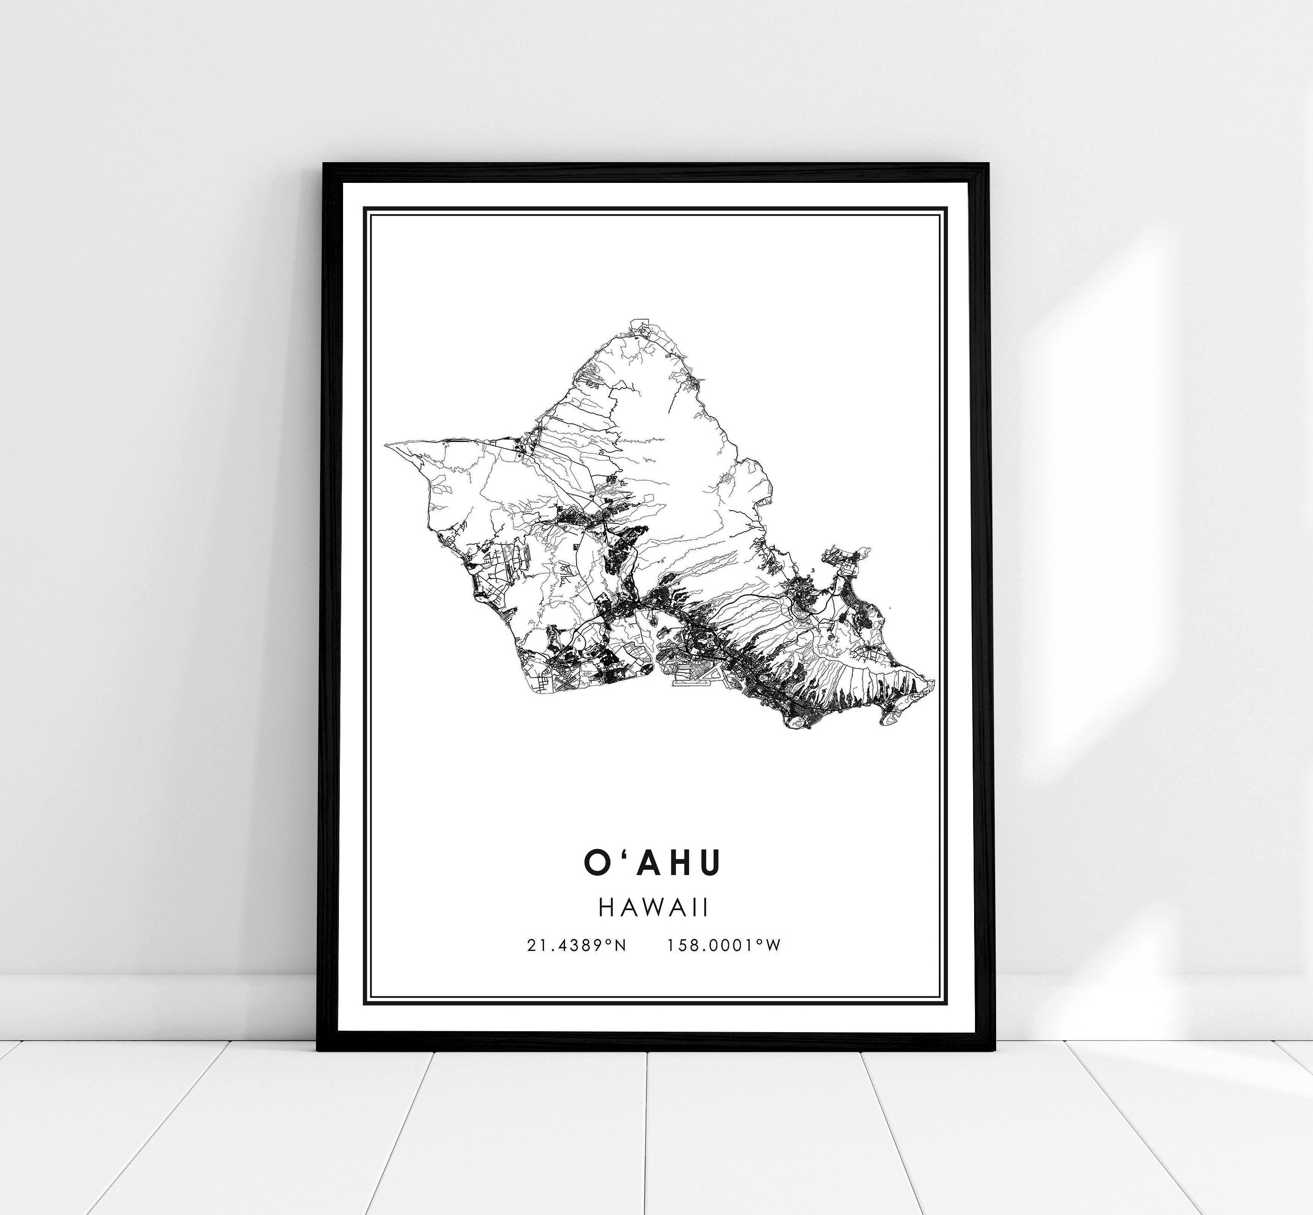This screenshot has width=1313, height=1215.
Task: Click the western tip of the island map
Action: coord(386,445)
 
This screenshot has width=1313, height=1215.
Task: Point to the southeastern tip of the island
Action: coord(935,684)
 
